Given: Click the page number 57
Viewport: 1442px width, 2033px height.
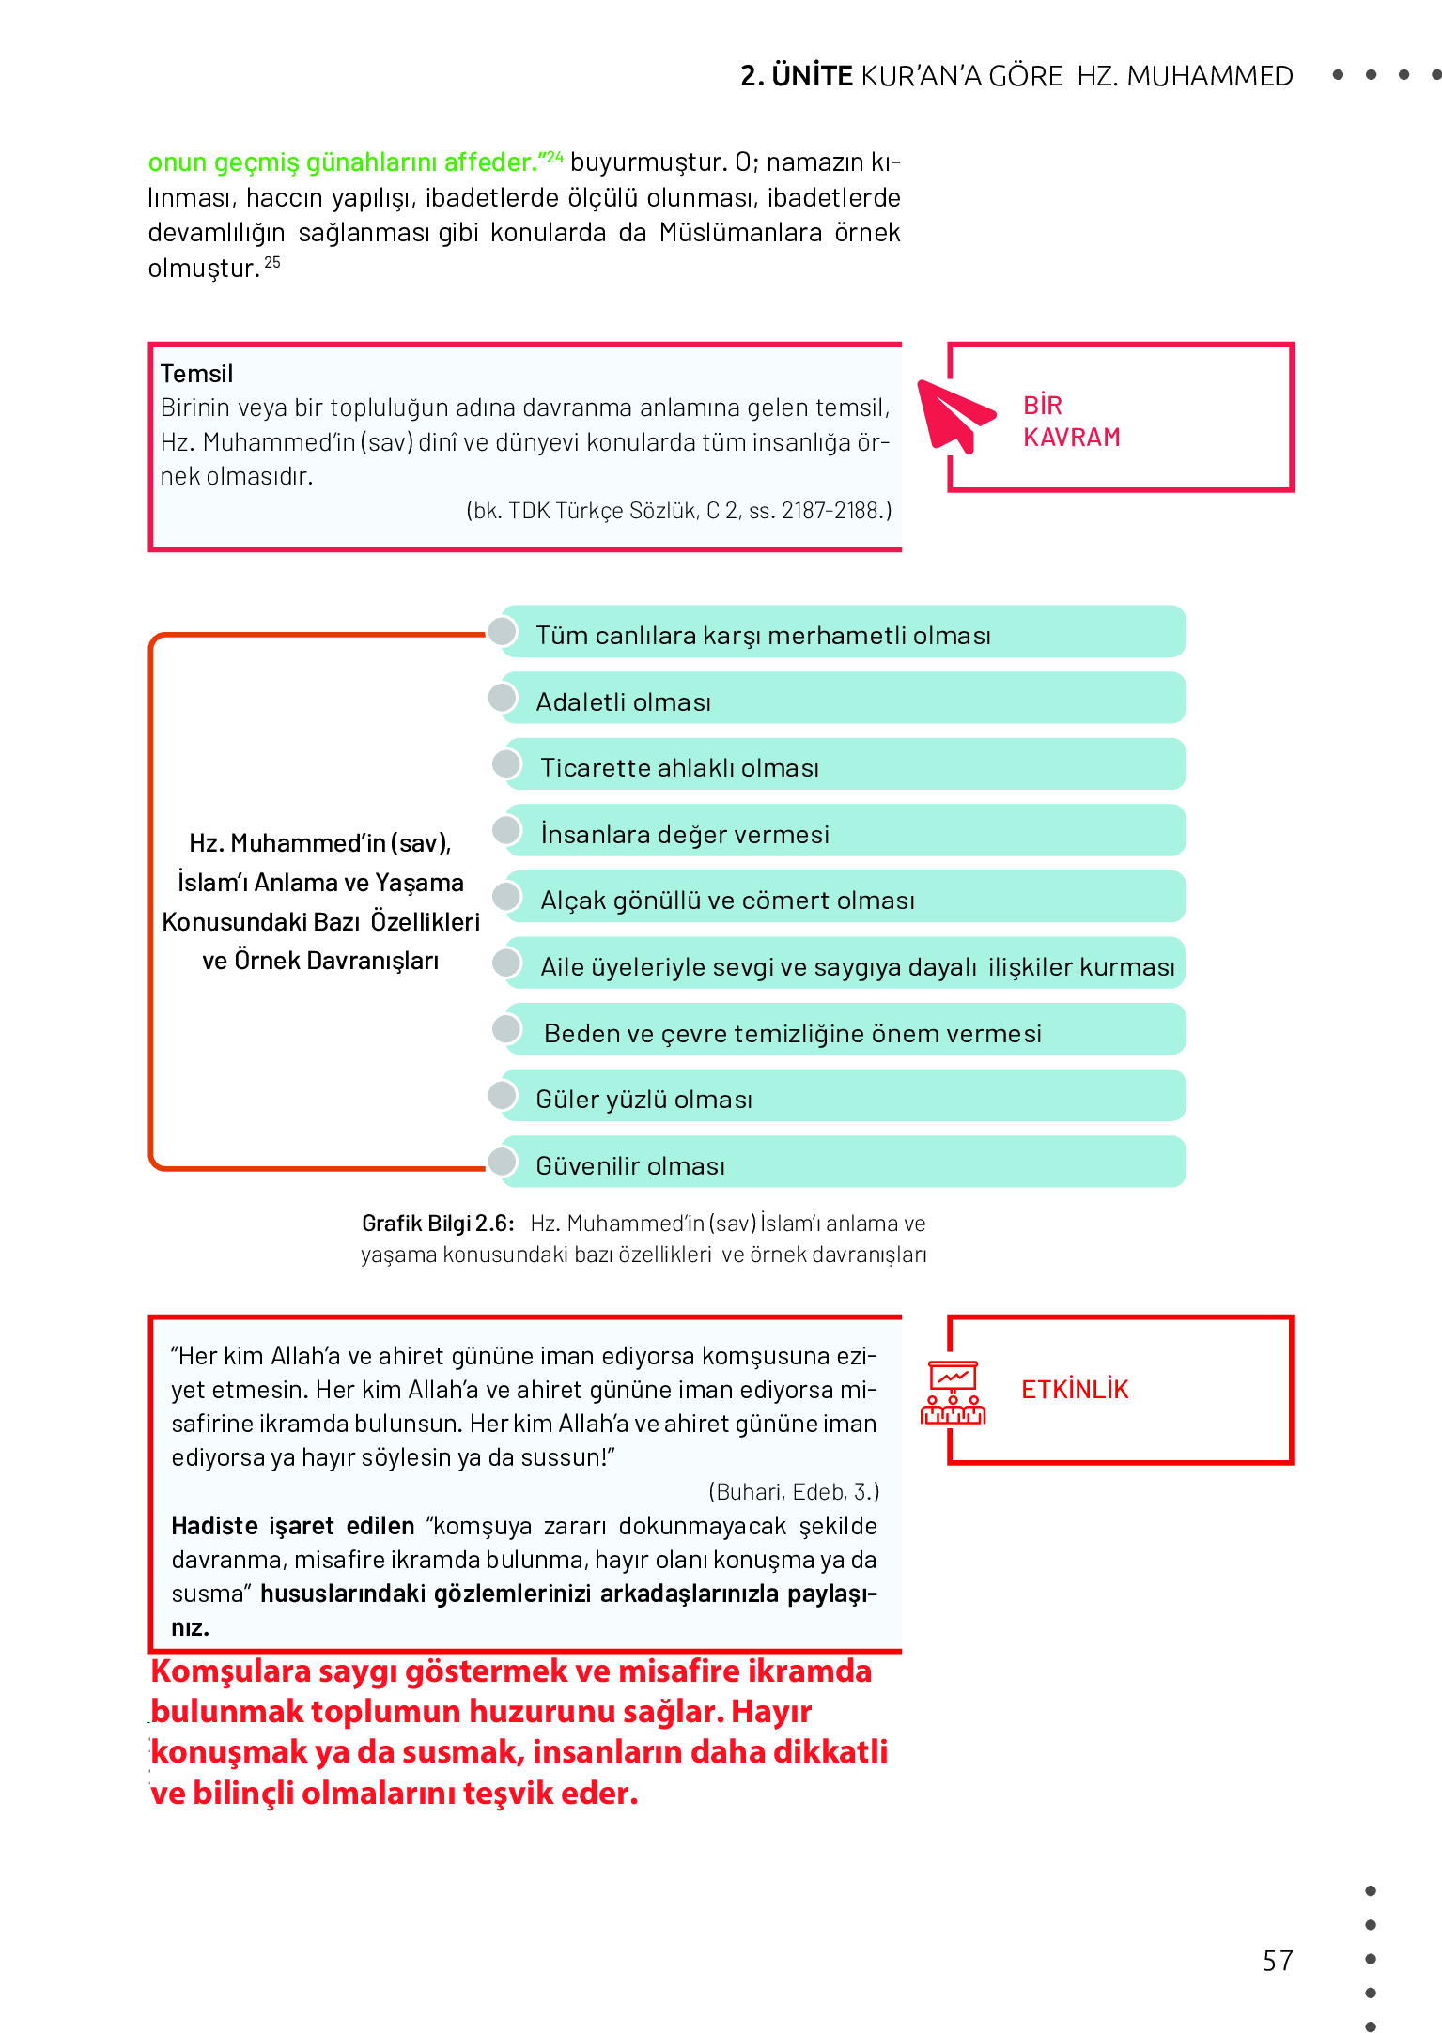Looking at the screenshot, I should pyautogui.click(x=1278, y=1961).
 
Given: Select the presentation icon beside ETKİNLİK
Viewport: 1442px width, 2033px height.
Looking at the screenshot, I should pyautogui.click(x=953, y=1393).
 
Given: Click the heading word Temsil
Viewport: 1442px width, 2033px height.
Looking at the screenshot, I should pyautogui.click(x=196, y=374).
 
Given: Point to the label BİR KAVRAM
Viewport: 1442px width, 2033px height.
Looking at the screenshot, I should pyautogui.click(x=1071, y=422).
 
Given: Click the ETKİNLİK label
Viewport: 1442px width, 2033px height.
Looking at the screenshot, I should pyautogui.click(x=1075, y=1390).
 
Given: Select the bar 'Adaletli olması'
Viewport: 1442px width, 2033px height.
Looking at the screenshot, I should pyautogui.click(x=843, y=700).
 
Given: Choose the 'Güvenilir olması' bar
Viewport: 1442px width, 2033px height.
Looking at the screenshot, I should pyautogui.click(x=843, y=1163).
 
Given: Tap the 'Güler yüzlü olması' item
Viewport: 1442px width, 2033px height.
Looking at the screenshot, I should pyautogui.click(x=843, y=1097).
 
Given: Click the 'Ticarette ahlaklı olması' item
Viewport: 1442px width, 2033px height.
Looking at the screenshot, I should pyautogui.click(x=843, y=766).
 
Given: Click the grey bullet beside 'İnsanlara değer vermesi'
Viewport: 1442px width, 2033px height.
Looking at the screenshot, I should pyautogui.click(x=507, y=830).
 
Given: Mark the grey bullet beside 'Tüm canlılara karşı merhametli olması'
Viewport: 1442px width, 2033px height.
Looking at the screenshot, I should pyautogui.click(x=503, y=631).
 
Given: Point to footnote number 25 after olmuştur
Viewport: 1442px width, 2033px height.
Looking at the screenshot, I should pyautogui.click(x=272, y=262).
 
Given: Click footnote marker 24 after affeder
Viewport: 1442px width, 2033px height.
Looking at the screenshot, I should pyautogui.click(x=554, y=157).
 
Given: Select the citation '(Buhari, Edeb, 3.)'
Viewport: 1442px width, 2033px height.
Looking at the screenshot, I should pyautogui.click(x=794, y=1492).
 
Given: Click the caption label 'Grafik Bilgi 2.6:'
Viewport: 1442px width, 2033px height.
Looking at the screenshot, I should pyautogui.click(x=438, y=1224).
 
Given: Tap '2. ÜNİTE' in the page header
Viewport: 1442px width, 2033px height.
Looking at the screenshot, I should pyautogui.click(x=797, y=76).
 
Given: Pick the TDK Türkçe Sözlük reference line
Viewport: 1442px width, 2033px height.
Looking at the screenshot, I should pyautogui.click(x=678, y=511).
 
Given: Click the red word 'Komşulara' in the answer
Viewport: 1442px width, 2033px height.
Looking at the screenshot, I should pyautogui.click(x=230, y=1672).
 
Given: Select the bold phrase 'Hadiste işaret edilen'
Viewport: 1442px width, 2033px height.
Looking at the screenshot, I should pyautogui.click(x=292, y=1526).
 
